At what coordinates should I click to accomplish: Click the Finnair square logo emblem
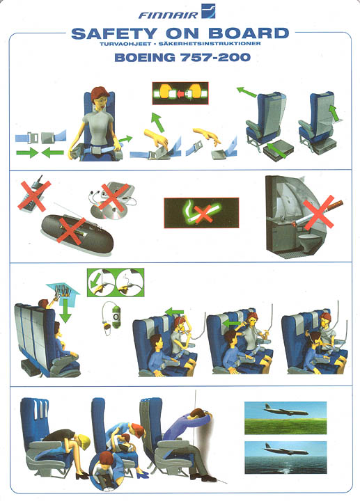208,10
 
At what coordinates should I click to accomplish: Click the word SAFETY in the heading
114,33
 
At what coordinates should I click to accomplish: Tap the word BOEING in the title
145,58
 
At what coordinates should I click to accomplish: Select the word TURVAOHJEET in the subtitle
125,44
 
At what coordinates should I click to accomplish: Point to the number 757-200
215,58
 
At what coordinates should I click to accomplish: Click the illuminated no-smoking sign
201,213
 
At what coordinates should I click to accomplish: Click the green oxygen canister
116,317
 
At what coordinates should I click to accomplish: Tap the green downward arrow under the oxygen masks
65,310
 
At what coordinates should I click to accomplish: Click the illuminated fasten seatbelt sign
180,93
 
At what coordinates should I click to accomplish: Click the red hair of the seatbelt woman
100,94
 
